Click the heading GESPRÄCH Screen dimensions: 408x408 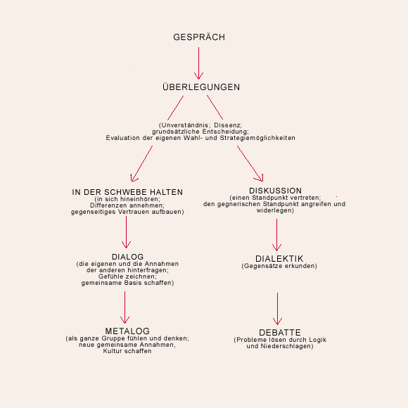tap(199, 37)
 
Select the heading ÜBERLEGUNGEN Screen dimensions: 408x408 tap(201, 87)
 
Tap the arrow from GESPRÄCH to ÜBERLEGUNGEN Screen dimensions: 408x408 tap(199, 63)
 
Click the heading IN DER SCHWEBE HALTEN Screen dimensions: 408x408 tap(127, 192)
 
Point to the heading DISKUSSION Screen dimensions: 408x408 tap(275, 191)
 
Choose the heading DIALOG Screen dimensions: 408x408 tap(127, 257)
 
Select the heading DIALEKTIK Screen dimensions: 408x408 tap(279, 259)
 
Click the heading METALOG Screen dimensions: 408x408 tap(127, 331)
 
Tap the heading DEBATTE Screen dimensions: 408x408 tap(280, 332)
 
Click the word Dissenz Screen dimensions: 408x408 tap(228, 125)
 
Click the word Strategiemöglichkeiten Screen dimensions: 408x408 tap(257, 138)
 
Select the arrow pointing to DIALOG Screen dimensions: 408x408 tap(126, 232)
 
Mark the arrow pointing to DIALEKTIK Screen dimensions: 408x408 tap(276, 235)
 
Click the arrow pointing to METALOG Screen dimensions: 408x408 tap(125, 307)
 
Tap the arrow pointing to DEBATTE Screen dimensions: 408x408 tap(277, 309)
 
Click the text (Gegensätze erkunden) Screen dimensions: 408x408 tap(279, 266)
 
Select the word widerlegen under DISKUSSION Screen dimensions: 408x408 tap(274, 210)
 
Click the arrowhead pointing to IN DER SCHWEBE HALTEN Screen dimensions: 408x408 tap(133, 179)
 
